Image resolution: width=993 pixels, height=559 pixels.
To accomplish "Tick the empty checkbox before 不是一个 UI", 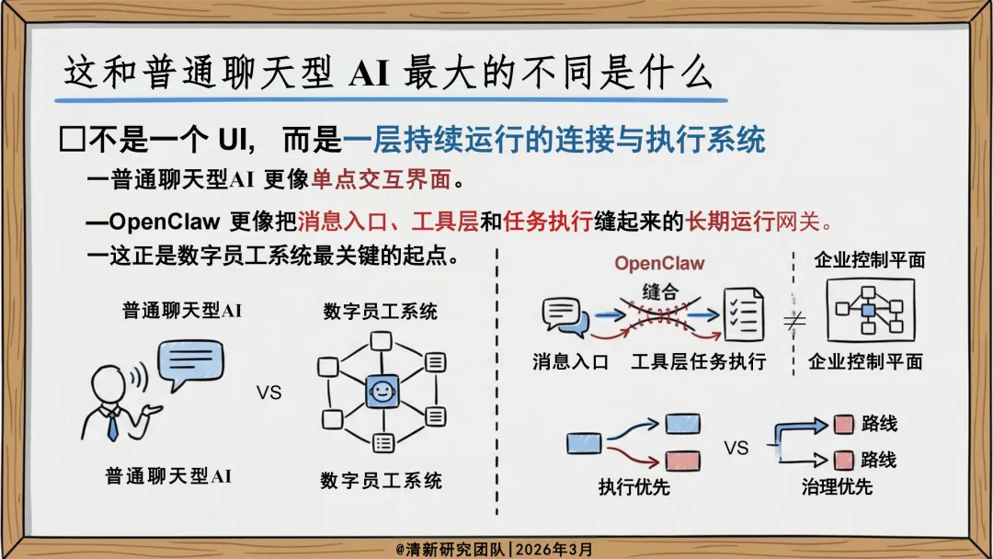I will [71, 141].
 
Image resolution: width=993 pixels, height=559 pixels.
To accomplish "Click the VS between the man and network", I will [268, 394].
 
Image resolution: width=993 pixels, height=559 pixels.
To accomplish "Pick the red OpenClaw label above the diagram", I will [659, 264].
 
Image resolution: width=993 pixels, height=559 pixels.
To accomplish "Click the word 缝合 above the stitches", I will [661, 291].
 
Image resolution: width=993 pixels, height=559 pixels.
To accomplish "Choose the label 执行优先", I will [633, 487].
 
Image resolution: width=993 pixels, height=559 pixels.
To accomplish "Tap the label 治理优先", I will [837, 487].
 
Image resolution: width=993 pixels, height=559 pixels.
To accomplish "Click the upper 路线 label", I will [879, 425].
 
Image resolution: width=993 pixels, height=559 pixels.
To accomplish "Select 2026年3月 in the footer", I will [555, 549].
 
